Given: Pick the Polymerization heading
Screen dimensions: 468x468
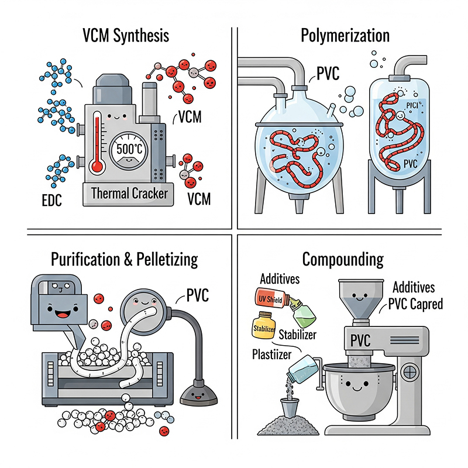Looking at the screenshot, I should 345,36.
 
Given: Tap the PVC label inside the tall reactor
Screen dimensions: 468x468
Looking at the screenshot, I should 410,164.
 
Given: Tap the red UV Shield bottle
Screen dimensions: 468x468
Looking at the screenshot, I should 271,298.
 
